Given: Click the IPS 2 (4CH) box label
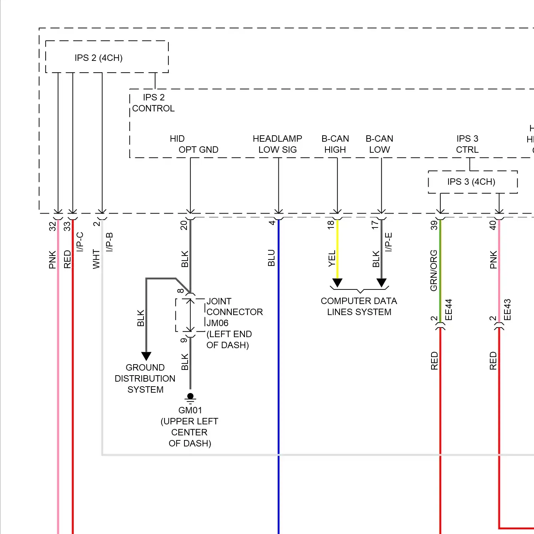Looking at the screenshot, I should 99,58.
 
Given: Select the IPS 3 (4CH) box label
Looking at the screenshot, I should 471,182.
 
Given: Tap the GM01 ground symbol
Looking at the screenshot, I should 190,397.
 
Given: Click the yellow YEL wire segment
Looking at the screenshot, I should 337,249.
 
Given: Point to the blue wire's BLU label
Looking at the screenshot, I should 271,258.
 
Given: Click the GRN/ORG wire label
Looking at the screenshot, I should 434,270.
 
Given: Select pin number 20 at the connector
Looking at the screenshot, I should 184,225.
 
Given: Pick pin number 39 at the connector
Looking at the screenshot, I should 434,225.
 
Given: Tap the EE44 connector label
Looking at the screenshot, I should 449,310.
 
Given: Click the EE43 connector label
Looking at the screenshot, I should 508,310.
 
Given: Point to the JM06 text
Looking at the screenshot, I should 218,323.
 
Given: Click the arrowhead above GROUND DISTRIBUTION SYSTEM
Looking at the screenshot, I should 146,356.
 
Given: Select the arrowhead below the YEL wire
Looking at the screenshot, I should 337,283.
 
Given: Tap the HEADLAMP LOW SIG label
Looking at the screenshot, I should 277,144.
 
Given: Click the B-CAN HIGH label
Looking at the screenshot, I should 335,144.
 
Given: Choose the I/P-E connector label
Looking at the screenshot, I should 389,242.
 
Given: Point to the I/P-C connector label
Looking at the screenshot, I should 80,242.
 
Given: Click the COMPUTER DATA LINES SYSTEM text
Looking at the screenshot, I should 359,307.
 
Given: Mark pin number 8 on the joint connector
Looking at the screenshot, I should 181,291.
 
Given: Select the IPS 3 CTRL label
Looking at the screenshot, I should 467,144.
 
